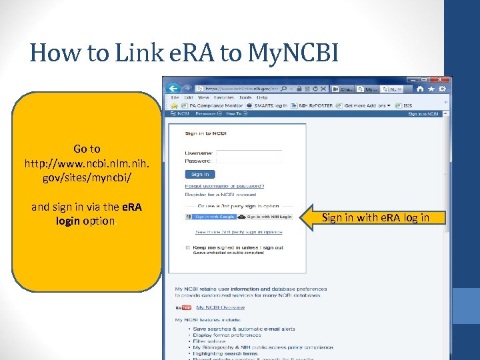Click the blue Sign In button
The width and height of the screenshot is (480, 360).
click(200, 174)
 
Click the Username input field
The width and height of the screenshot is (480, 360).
click(249, 154)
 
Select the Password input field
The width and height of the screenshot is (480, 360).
click(249, 161)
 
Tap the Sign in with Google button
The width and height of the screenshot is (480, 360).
click(210, 217)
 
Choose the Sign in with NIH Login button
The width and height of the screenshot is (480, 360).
click(265, 217)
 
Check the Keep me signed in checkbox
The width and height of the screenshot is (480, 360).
click(189, 247)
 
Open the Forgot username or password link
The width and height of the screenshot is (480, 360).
click(225, 186)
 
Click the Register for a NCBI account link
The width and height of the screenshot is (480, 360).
click(221, 195)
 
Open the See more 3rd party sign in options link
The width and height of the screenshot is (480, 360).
click(239, 232)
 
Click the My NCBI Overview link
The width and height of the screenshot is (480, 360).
click(220, 307)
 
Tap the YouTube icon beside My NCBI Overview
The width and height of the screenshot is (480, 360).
click(183, 307)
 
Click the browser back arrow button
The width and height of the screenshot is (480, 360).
click(173, 88)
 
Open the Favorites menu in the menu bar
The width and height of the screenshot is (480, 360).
click(223, 97)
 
